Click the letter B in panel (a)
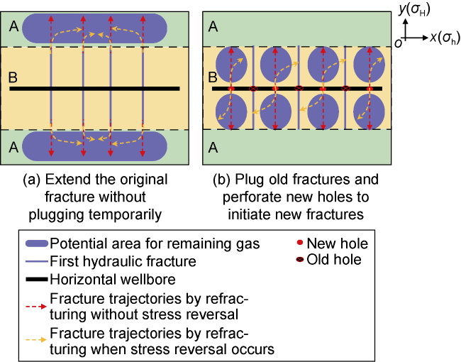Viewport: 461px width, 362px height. point(12,77)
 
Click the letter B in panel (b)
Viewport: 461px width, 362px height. point(211,77)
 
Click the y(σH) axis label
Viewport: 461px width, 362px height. point(416,11)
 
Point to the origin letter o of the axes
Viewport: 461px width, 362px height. point(399,42)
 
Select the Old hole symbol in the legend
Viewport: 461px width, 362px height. point(300,260)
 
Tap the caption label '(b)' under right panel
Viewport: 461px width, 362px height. point(224,180)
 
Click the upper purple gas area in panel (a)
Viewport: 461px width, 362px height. point(94,28)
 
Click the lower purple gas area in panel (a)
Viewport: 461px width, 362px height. point(94,147)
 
